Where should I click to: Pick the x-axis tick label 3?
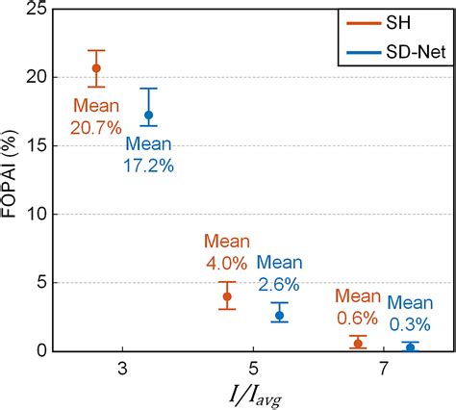point(123,369)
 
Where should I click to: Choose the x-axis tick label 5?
point(253,369)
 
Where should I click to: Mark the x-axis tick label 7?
point(384,369)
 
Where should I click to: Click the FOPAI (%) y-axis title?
point(11,179)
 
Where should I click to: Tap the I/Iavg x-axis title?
point(254,396)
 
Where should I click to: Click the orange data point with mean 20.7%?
point(96,67)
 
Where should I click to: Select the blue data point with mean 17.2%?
point(148,115)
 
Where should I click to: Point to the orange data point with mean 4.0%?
point(227,296)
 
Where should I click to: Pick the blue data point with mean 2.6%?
point(280,315)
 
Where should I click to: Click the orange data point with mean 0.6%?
point(358,343)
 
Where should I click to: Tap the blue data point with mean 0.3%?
point(410,346)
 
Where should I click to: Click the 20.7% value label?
point(95,125)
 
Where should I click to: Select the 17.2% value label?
point(150,166)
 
